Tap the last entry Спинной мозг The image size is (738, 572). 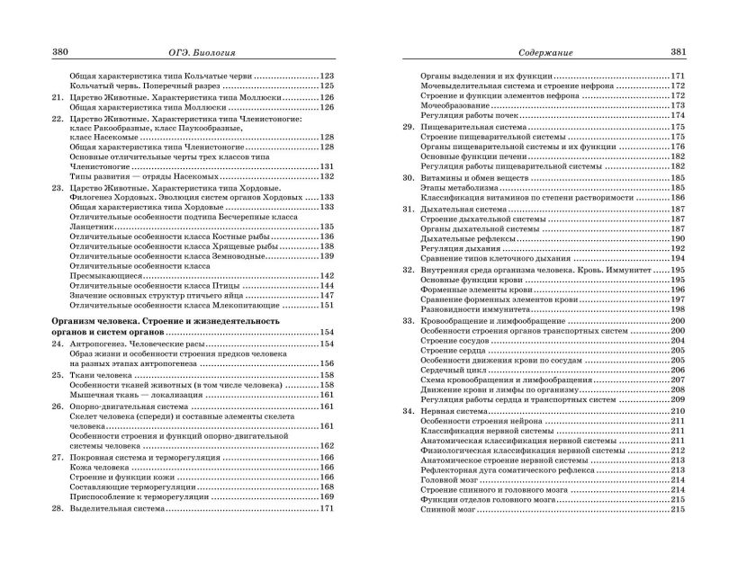[x=451, y=509]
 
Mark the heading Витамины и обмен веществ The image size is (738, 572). [x=482, y=178]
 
